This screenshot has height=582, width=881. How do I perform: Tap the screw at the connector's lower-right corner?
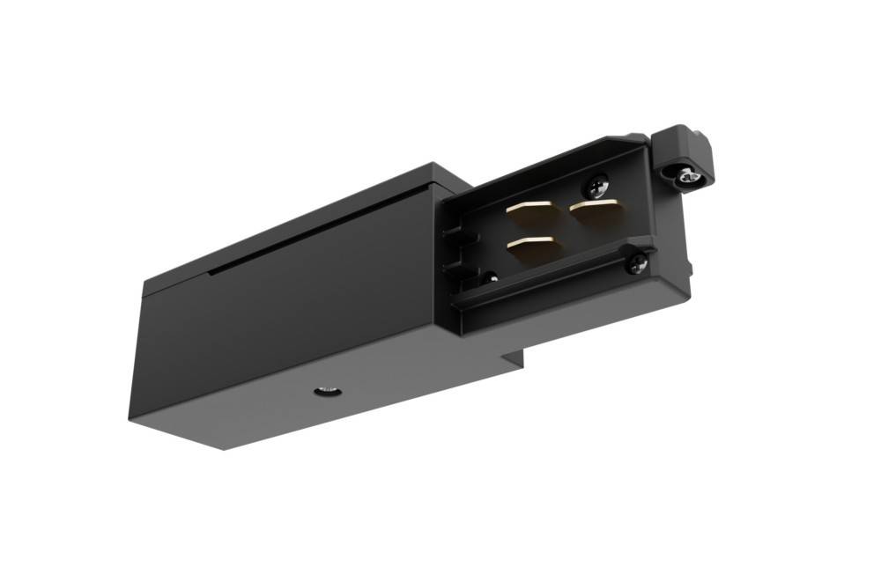tap(637, 262)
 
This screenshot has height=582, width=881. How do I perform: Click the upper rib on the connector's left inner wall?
tap(453, 236)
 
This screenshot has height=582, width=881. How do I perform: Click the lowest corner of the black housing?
tap(224, 448)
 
